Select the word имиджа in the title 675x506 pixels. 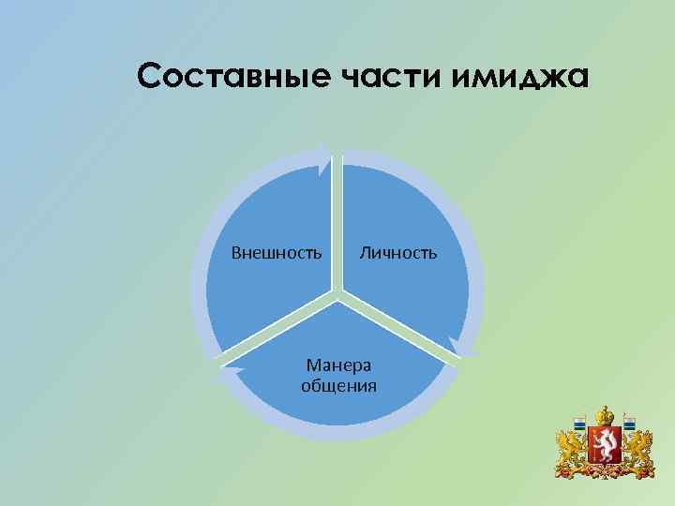520,78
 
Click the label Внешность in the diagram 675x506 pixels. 277,252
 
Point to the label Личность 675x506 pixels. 397,252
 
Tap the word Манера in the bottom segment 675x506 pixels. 338,365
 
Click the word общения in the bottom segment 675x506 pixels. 338,385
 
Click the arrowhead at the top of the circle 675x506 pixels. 324,158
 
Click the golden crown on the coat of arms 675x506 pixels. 605,415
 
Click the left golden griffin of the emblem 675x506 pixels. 571,451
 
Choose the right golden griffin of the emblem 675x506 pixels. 638,451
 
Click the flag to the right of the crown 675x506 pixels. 631,427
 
